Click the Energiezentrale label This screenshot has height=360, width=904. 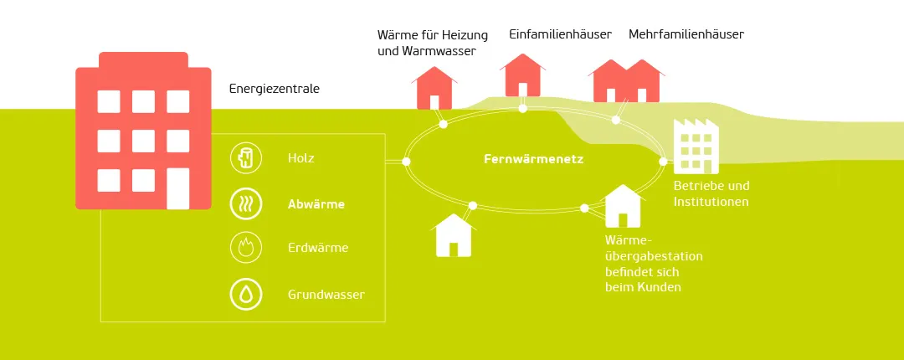click(x=274, y=88)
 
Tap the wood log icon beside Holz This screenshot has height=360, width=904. click(x=245, y=157)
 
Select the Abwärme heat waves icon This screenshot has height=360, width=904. click(x=245, y=203)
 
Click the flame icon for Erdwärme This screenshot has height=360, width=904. click(x=245, y=248)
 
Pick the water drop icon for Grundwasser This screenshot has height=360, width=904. click(x=245, y=294)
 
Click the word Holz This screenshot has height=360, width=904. click(x=301, y=157)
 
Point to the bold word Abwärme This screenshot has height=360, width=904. click(x=316, y=203)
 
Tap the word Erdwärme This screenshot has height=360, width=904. click(x=318, y=248)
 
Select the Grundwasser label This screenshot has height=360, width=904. click(x=326, y=294)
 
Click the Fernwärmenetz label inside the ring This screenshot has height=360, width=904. click(x=533, y=159)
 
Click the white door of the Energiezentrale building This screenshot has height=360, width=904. click(x=177, y=188)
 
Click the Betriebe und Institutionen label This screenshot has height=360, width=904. click(x=711, y=193)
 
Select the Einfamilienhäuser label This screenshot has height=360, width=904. click(x=560, y=34)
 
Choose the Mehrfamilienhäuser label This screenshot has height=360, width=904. click(x=686, y=34)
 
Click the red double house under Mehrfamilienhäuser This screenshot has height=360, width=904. click(x=627, y=82)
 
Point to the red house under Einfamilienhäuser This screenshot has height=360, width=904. click(x=522, y=77)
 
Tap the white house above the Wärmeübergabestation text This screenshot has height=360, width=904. click(x=623, y=207)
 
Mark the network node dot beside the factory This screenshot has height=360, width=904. click(x=664, y=161)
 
